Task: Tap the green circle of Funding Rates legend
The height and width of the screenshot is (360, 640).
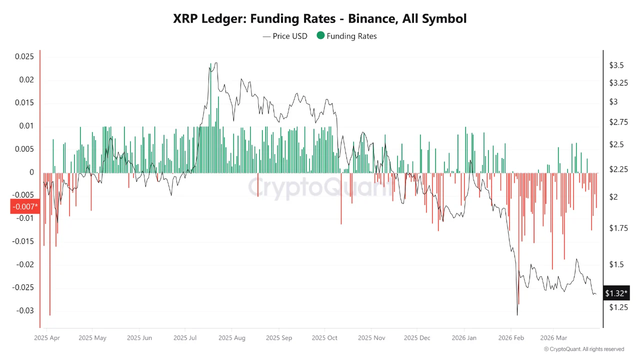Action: click(x=320, y=35)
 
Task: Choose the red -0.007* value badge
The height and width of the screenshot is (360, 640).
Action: click(x=24, y=206)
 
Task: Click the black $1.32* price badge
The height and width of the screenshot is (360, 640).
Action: click(x=616, y=293)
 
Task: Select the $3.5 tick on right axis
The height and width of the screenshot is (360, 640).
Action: click(x=616, y=65)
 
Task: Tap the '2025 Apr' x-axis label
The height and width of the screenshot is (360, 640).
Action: click(x=47, y=337)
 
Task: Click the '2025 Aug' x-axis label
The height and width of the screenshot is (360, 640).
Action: click(x=232, y=337)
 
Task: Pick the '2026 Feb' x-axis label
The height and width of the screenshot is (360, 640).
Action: click(x=511, y=337)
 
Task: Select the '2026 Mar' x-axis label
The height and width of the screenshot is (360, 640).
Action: click(x=553, y=337)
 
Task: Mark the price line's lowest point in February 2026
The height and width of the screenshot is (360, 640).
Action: click(x=517, y=314)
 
